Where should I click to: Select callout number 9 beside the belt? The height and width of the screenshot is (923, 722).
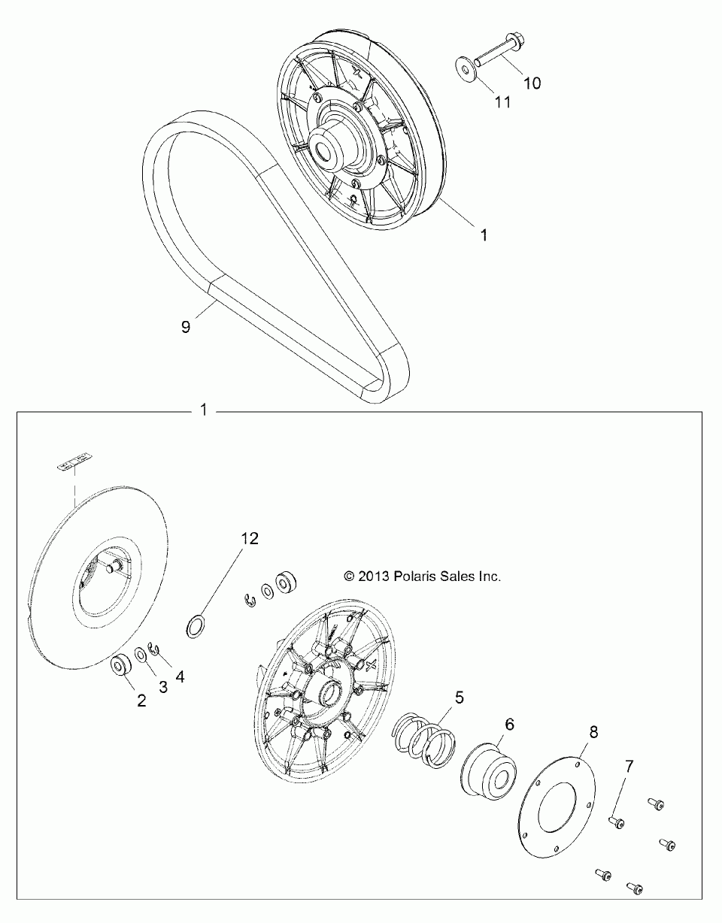tap(186, 326)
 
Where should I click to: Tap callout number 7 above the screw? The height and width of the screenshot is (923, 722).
tap(629, 767)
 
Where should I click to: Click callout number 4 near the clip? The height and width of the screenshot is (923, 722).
tap(179, 675)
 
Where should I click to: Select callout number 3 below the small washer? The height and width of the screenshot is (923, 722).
tap(162, 686)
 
